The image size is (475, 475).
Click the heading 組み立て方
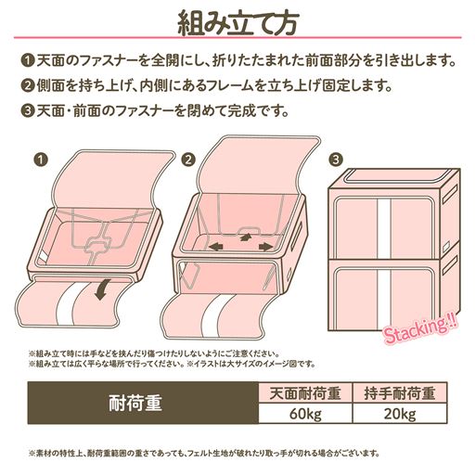(237, 21)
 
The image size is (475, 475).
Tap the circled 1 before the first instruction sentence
(26, 62)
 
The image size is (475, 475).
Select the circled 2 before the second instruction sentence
(26, 88)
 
